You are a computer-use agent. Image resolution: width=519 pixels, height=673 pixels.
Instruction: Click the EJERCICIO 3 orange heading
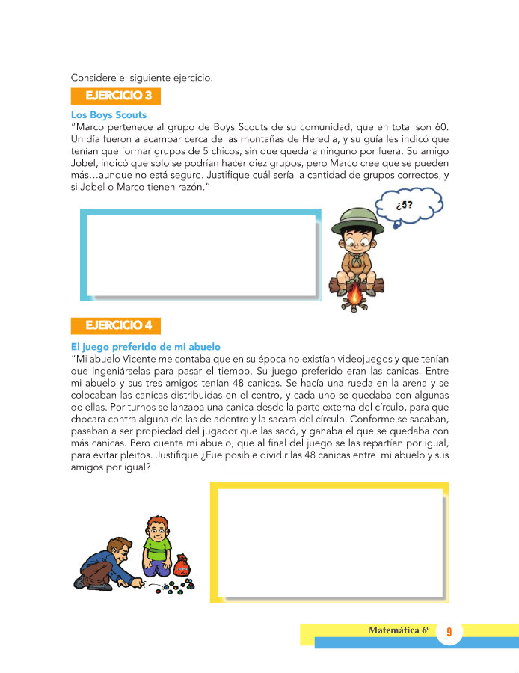coord(115,96)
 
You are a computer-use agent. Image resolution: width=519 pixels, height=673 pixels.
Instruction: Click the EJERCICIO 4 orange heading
coord(115,325)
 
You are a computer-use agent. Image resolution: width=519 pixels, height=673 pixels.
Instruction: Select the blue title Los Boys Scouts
coord(108,115)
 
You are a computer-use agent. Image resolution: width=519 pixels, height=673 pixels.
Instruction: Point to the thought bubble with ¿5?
coord(407,202)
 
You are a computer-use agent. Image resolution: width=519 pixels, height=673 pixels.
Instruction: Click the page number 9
coord(449,633)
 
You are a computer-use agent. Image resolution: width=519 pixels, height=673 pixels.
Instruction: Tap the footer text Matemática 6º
coord(398,630)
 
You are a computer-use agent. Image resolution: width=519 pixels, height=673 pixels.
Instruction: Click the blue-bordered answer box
coord(200,255)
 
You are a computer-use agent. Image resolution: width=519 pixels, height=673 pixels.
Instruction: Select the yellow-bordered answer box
coord(330,541)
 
